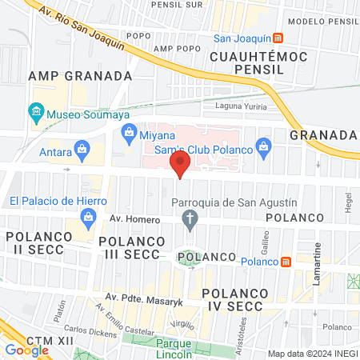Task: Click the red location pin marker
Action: point(180,166)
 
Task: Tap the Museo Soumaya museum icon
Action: point(36,110)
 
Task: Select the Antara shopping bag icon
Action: point(82,148)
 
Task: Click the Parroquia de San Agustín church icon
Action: point(190,218)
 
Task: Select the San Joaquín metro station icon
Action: point(277,38)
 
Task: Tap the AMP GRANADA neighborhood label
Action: point(79,75)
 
